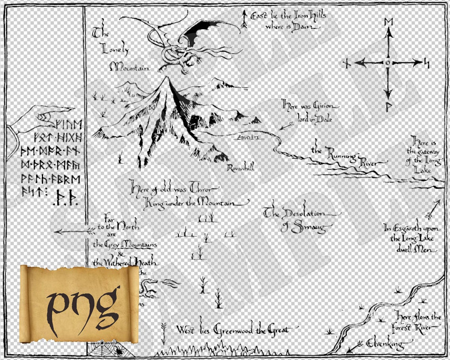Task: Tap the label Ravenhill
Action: click(240, 168)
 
